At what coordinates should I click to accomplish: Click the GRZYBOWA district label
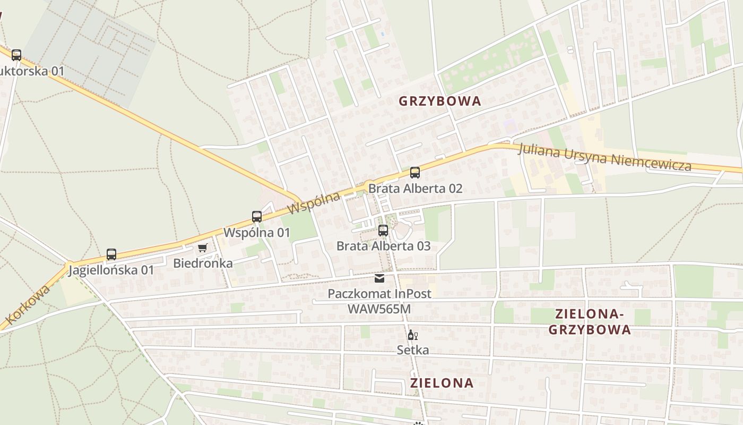[439, 101]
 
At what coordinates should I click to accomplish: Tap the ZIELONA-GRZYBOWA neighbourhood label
[590, 322]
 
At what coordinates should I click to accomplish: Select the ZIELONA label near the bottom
[442, 382]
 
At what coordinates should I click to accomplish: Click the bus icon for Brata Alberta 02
[415, 173]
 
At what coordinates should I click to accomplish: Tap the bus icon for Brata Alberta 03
[383, 231]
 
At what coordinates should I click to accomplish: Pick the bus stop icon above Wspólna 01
[257, 217]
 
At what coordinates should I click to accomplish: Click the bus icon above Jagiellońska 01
[111, 254]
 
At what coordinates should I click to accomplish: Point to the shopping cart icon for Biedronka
[202, 248]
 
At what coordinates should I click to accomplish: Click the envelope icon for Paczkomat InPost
[379, 278]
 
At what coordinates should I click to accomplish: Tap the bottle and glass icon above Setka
[412, 335]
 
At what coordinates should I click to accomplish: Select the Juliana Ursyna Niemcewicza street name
[605, 157]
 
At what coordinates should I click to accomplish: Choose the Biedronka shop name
[203, 263]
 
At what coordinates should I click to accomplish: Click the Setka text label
[413, 350]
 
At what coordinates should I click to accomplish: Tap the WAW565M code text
[379, 309]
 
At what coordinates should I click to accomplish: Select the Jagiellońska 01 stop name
[111, 270]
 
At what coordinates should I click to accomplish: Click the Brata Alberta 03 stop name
[383, 246]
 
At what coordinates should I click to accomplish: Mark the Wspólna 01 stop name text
[257, 232]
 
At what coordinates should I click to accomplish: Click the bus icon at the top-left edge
[16, 55]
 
